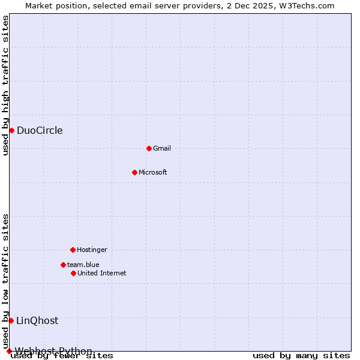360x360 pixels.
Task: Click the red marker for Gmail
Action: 149,148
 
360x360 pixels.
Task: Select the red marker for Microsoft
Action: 134,172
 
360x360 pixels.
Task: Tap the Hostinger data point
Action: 73,250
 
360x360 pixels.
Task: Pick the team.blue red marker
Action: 63,265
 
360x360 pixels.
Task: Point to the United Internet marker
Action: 73,273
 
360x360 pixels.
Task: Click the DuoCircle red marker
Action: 11,131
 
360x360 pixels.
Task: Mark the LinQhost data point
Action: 11,320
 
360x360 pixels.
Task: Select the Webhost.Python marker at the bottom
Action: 9,351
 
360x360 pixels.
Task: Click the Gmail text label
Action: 162,148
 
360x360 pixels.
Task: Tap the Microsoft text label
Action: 153,172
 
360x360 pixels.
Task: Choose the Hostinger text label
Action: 92,250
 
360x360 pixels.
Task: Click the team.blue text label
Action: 83,265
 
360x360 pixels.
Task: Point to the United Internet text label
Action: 102,273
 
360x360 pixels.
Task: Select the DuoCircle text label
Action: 40,131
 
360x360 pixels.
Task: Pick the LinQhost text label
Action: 37,320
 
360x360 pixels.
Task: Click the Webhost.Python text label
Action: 53,351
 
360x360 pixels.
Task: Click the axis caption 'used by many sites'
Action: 301,356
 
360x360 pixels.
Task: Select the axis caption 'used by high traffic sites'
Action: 6,85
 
